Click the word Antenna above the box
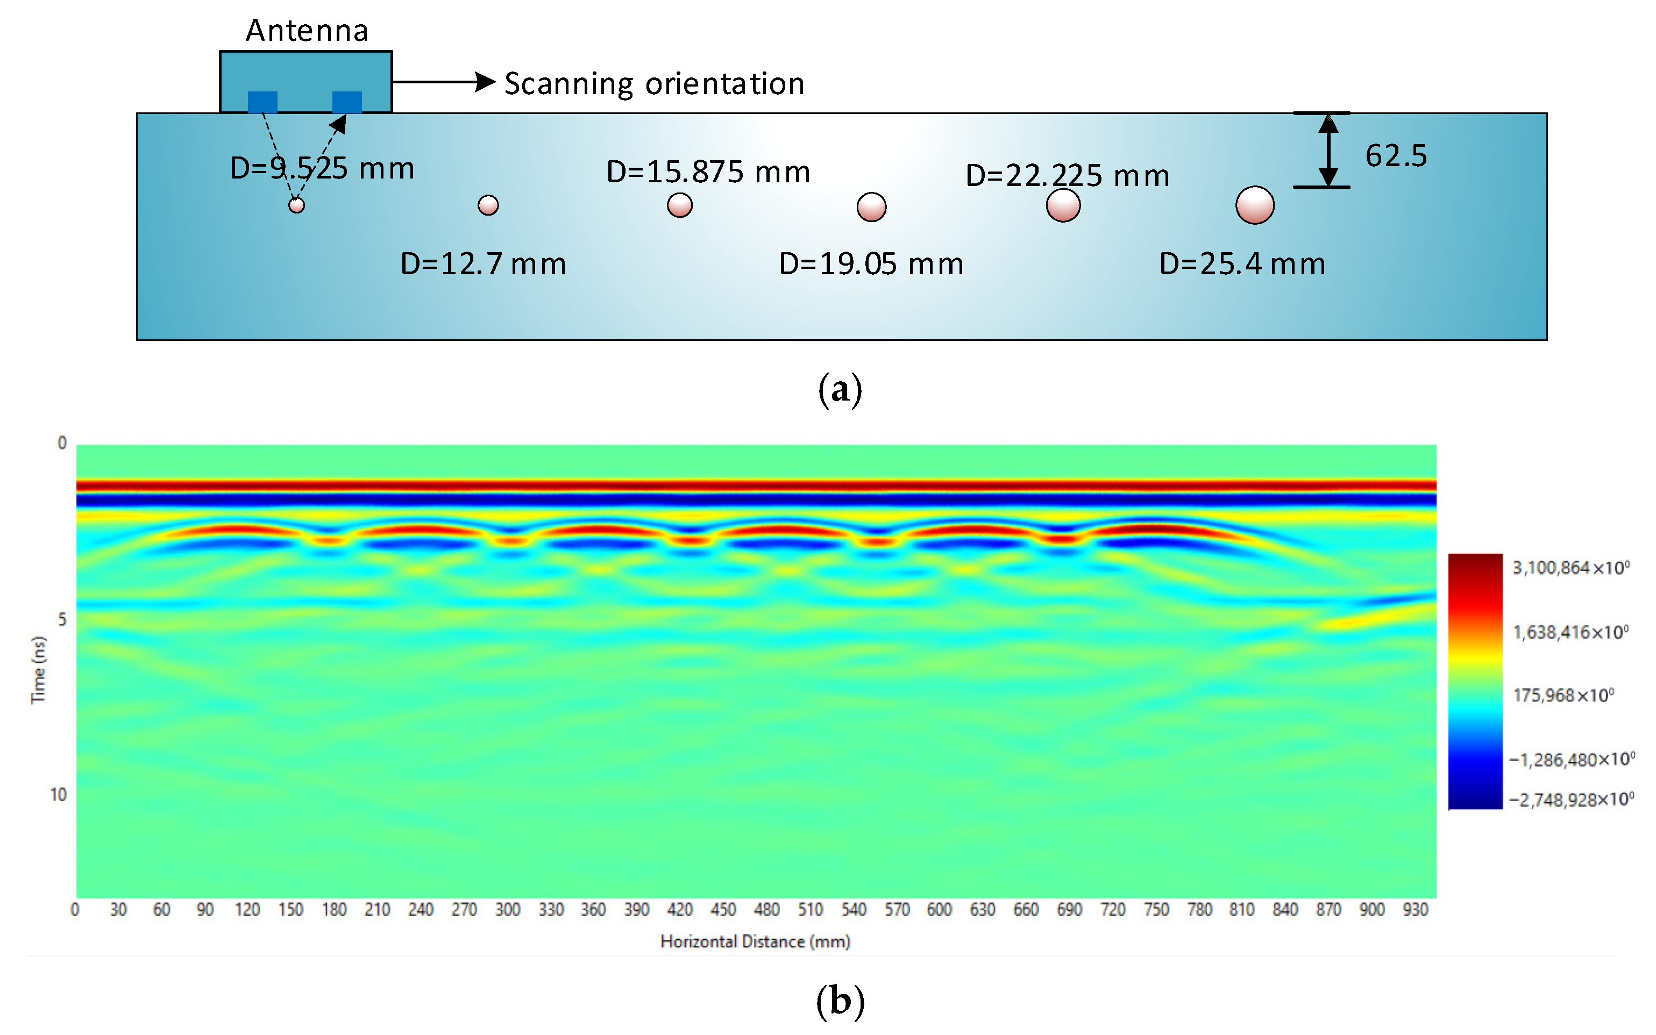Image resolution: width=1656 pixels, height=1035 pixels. click(307, 31)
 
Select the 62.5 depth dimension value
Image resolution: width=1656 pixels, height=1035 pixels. click(1396, 156)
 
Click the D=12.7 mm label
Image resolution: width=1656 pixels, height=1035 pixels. click(482, 264)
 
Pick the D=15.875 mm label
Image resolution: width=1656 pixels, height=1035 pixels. click(708, 172)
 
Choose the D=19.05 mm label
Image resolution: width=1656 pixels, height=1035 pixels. click(871, 264)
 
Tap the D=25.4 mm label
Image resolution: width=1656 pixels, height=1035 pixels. click(1242, 264)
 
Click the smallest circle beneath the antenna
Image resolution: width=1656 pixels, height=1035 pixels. click(296, 205)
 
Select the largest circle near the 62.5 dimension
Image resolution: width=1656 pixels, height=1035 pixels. click(1254, 205)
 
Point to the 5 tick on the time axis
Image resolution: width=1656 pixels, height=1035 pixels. click(62, 619)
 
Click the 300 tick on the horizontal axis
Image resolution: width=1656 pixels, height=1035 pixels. click(507, 910)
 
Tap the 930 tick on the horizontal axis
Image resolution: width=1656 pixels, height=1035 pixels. click(1415, 910)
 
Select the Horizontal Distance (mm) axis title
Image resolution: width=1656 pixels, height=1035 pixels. click(755, 942)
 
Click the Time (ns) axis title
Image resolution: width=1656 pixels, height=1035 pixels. click(38, 669)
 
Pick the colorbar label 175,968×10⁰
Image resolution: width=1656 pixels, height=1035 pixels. click(1563, 696)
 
